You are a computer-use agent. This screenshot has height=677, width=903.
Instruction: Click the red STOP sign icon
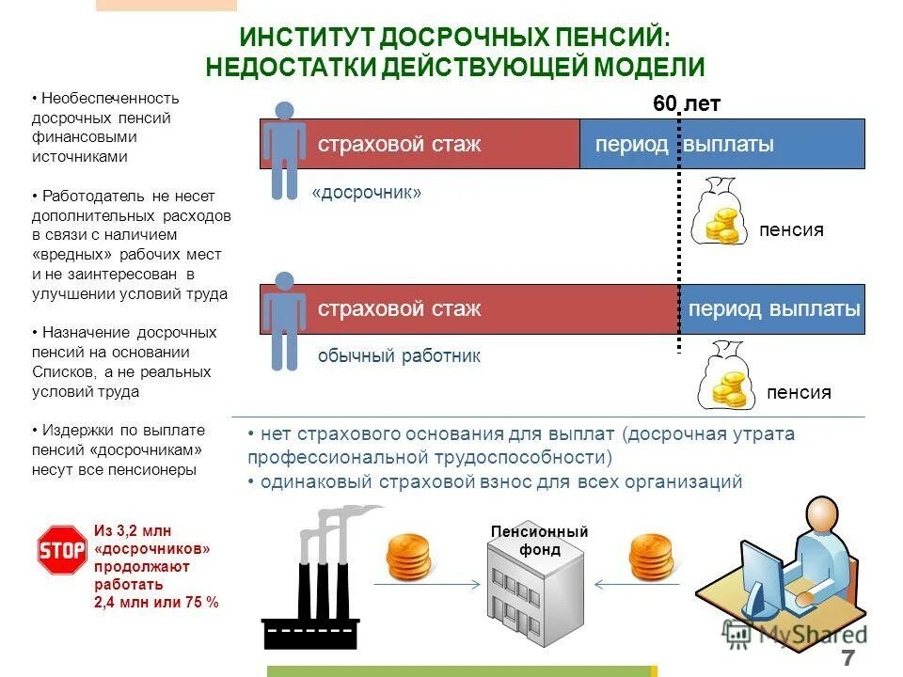pyautogui.click(x=61, y=550)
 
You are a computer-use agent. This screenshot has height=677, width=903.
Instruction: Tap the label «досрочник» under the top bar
pyautogui.click(x=367, y=193)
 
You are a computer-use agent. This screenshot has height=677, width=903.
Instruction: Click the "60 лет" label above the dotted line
pyautogui.click(x=687, y=103)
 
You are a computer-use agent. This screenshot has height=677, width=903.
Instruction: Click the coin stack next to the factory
pyautogui.click(x=409, y=557)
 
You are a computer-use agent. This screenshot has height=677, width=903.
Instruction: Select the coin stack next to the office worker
pyautogui.click(x=651, y=557)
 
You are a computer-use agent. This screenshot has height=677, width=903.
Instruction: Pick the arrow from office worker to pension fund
pyautogui.click(x=631, y=585)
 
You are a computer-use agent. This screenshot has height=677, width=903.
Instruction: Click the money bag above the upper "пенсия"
pyautogui.click(x=720, y=213)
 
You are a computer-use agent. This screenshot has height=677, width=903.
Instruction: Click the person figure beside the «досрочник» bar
pyautogui.click(x=283, y=150)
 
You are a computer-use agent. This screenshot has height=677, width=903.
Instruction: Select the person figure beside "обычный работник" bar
pyautogui.click(x=283, y=321)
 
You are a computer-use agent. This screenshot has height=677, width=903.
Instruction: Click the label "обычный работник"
pyautogui.click(x=399, y=356)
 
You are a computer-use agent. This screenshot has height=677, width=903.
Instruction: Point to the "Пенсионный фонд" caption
pyautogui.click(x=539, y=541)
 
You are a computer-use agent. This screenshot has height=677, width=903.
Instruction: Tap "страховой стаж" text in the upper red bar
pyautogui.click(x=399, y=145)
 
